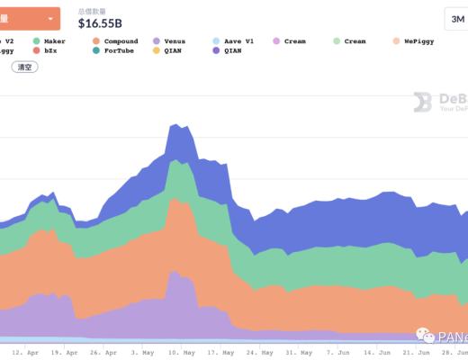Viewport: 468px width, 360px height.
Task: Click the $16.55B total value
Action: pos(102,24)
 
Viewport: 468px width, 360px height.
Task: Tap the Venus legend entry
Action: pos(172,41)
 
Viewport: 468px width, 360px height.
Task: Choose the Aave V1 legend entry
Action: pos(236,41)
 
